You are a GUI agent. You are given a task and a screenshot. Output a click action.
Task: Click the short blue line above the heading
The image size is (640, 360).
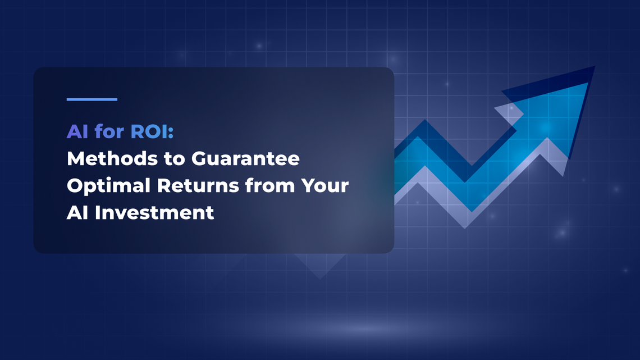point(92,99)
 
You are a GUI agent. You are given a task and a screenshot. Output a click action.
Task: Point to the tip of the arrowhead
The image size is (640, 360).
point(593,67)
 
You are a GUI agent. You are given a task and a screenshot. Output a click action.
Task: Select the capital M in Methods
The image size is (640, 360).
point(75,159)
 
